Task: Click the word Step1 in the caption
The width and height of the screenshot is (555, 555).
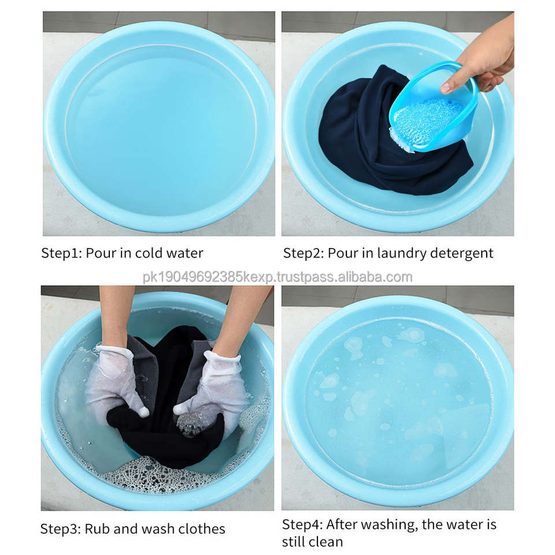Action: click(x=61, y=253)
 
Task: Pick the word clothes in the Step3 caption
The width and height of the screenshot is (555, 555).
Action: click(x=201, y=529)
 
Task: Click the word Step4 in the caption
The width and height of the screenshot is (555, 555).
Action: click(x=302, y=525)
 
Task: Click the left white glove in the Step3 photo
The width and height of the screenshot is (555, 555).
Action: click(x=115, y=382)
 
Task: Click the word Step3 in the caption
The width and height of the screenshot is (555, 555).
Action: click(x=61, y=529)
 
